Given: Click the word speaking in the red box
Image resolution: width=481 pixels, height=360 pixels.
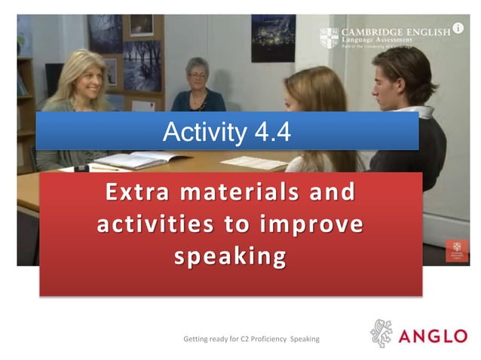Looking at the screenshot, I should point(230,257).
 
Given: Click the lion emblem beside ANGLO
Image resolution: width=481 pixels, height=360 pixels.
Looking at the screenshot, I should point(381,334).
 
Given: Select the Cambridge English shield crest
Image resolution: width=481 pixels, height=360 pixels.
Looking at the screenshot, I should point(329,38).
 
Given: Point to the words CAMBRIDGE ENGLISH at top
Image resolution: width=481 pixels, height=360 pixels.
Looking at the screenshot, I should point(395,32).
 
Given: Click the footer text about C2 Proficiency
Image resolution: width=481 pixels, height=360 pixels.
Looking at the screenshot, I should point(251,339).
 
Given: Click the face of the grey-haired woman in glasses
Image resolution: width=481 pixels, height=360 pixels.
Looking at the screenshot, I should point(198,76).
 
